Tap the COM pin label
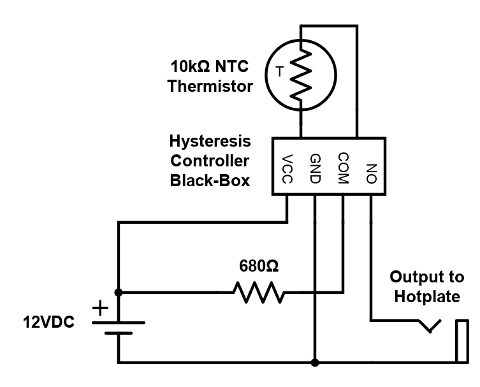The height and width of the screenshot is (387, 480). tap(343, 168)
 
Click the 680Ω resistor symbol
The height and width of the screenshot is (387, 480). tap(258, 293)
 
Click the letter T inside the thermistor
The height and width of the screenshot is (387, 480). tap(279, 72)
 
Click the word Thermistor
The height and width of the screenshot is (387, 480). tap(210, 87)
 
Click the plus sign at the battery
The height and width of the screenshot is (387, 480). tap(101, 310)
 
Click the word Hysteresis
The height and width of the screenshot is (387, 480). tap(210, 141)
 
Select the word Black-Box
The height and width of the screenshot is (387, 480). tap(210, 180)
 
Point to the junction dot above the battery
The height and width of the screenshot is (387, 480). tap(119, 293)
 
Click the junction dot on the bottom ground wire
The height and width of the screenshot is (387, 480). tap(315, 363)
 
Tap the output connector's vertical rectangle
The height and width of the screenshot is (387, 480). tap(462, 342)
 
